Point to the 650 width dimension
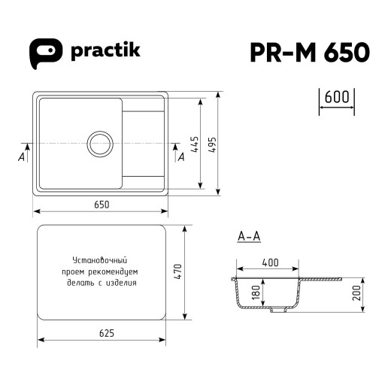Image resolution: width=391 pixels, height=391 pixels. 102,205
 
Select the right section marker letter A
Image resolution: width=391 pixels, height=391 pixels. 180,156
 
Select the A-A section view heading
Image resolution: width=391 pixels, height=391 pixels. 248,238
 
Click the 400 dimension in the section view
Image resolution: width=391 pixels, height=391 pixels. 270,262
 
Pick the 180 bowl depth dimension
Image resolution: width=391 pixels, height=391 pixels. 255,292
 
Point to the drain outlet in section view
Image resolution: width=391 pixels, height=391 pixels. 278,310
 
